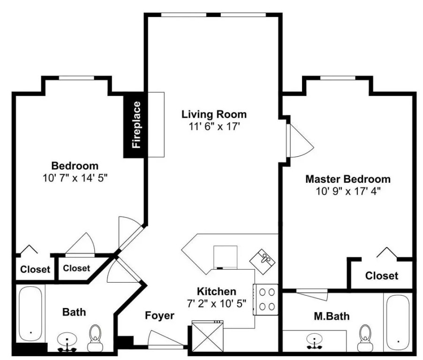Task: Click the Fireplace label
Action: pos(136,125)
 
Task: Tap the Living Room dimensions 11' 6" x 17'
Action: pos(214,126)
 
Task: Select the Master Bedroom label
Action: pos(348,179)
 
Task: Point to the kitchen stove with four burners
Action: pos(266,300)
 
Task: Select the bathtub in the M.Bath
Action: pos(398,322)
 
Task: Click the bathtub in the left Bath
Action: pos(30,314)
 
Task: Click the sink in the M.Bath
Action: pos(314,341)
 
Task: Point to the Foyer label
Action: pos(159,315)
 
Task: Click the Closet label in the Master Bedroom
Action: pos(381,276)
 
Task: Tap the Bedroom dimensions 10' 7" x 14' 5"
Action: pos(75,178)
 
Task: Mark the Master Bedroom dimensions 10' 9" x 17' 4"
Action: pos(348,191)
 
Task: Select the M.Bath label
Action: pos(332,316)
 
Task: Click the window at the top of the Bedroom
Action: pos(76,78)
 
